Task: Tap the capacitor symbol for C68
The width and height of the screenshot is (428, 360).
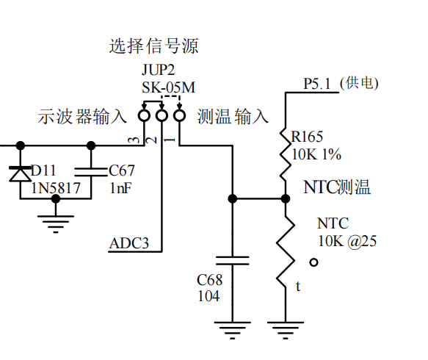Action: [x=233, y=260]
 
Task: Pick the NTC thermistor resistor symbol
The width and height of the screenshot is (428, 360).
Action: [x=286, y=253]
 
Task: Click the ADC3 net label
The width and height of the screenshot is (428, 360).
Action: [x=129, y=243]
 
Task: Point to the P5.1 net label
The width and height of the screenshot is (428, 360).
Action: [x=318, y=84]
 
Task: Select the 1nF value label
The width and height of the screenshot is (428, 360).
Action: [x=120, y=188]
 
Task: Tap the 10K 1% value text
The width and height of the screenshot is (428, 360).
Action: [x=316, y=155]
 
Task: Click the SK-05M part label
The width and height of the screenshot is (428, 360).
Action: [x=168, y=88]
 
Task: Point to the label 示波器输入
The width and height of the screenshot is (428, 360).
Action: [x=82, y=117]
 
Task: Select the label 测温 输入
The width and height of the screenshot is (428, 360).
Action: [x=233, y=117]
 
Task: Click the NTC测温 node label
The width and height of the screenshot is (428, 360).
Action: [x=337, y=187]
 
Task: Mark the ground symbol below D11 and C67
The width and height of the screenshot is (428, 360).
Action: [x=56, y=223]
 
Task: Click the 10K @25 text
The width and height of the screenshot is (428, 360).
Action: [x=347, y=242]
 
